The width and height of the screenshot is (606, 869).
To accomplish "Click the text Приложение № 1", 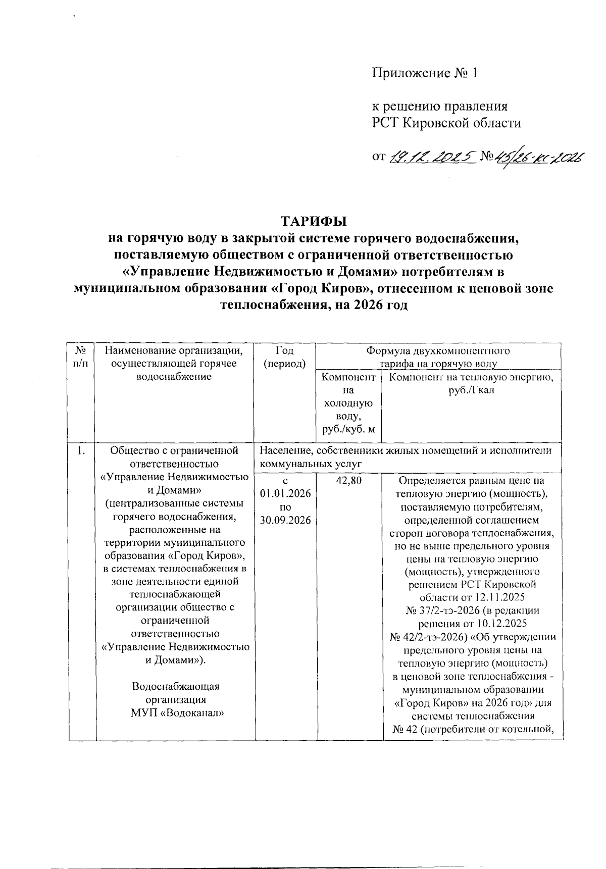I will click(x=425, y=73).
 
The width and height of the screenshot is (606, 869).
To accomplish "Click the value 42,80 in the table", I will click(x=348, y=481).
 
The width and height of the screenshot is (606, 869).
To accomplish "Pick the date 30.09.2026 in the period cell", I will click(x=285, y=521).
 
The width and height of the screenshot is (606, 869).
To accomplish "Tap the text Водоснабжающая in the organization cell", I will click(x=176, y=686).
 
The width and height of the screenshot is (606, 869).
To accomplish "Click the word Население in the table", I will click(x=285, y=450).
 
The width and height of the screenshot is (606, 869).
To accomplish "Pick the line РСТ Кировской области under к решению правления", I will click(x=446, y=123).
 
